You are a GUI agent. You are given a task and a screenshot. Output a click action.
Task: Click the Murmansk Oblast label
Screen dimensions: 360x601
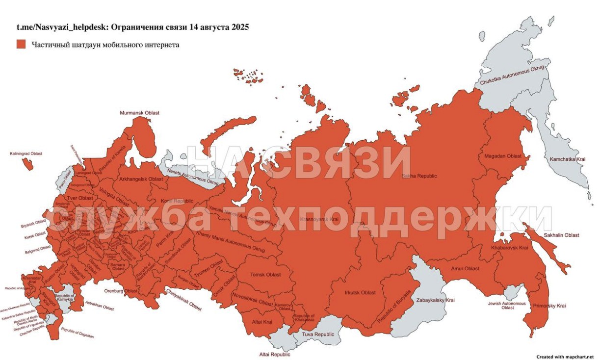[x=139, y=113]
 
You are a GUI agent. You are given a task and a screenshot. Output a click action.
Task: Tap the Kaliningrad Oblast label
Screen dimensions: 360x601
[x=26, y=154]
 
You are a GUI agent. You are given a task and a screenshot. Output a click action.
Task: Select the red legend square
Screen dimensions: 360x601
[x=21, y=44]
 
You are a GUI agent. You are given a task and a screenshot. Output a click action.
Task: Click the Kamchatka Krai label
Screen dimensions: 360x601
[x=567, y=159]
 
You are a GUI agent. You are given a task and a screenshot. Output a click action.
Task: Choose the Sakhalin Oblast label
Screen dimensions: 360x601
[x=561, y=235]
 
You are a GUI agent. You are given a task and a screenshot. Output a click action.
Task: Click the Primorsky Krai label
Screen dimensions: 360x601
[x=549, y=306]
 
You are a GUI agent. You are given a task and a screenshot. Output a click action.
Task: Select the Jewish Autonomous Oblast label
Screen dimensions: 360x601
[x=507, y=306]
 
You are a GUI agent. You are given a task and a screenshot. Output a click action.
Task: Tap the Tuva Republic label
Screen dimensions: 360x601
[x=317, y=334]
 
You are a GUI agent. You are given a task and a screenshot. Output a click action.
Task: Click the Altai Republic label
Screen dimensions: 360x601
[x=275, y=354]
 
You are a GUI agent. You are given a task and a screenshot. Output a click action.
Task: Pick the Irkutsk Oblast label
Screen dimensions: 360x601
[x=360, y=293]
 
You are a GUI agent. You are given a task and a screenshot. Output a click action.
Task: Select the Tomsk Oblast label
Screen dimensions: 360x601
[x=265, y=275]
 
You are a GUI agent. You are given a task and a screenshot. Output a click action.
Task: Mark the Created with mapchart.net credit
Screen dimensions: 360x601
[x=565, y=357]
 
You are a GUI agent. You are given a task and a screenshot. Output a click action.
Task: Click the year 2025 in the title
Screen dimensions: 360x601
[x=240, y=27]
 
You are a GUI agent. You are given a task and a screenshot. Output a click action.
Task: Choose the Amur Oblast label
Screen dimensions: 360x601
[x=465, y=269]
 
